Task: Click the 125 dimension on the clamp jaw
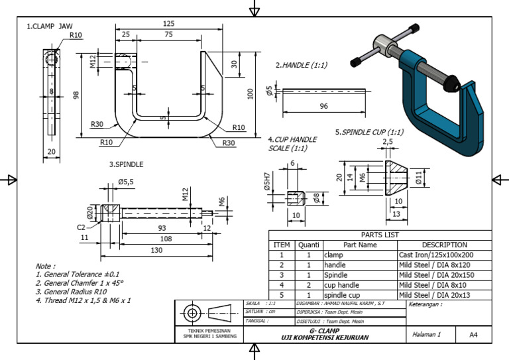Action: click(x=168, y=23)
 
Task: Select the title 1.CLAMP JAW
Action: click(x=50, y=27)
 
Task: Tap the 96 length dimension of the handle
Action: click(x=324, y=106)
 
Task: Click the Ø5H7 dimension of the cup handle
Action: click(x=266, y=182)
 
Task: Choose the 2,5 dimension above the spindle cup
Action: click(x=388, y=141)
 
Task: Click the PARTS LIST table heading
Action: click(x=380, y=235)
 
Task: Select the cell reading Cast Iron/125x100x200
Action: click(x=435, y=255)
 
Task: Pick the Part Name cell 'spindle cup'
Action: click(x=344, y=294)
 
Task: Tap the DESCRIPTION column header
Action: click(x=444, y=245)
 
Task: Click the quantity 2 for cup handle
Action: click(x=308, y=284)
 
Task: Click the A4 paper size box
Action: click(x=473, y=335)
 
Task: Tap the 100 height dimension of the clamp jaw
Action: click(x=250, y=94)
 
